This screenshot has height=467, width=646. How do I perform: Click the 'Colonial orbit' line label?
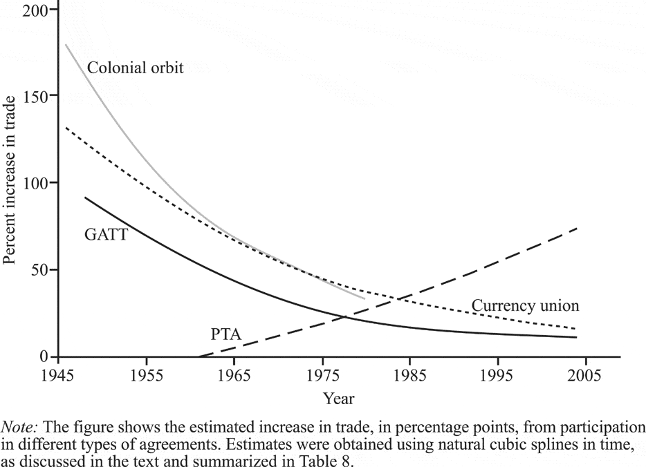click(x=136, y=69)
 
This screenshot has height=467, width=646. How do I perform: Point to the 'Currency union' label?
click(x=525, y=305)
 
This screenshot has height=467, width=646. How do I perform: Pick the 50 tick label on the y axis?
click(x=42, y=270)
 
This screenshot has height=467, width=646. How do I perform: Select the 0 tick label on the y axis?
click(x=46, y=356)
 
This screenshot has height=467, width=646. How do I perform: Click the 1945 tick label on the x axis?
click(x=59, y=375)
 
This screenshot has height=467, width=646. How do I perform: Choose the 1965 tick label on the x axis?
click(x=234, y=375)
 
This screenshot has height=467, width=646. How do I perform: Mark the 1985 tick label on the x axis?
click(x=410, y=375)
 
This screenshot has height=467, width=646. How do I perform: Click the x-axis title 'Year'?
click(x=338, y=399)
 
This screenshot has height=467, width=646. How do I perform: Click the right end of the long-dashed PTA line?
click(x=577, y=227)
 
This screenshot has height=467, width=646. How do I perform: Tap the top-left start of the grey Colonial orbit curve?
click(x=66, y=45)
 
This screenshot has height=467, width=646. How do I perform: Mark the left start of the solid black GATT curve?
click(x=85, y=198)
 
